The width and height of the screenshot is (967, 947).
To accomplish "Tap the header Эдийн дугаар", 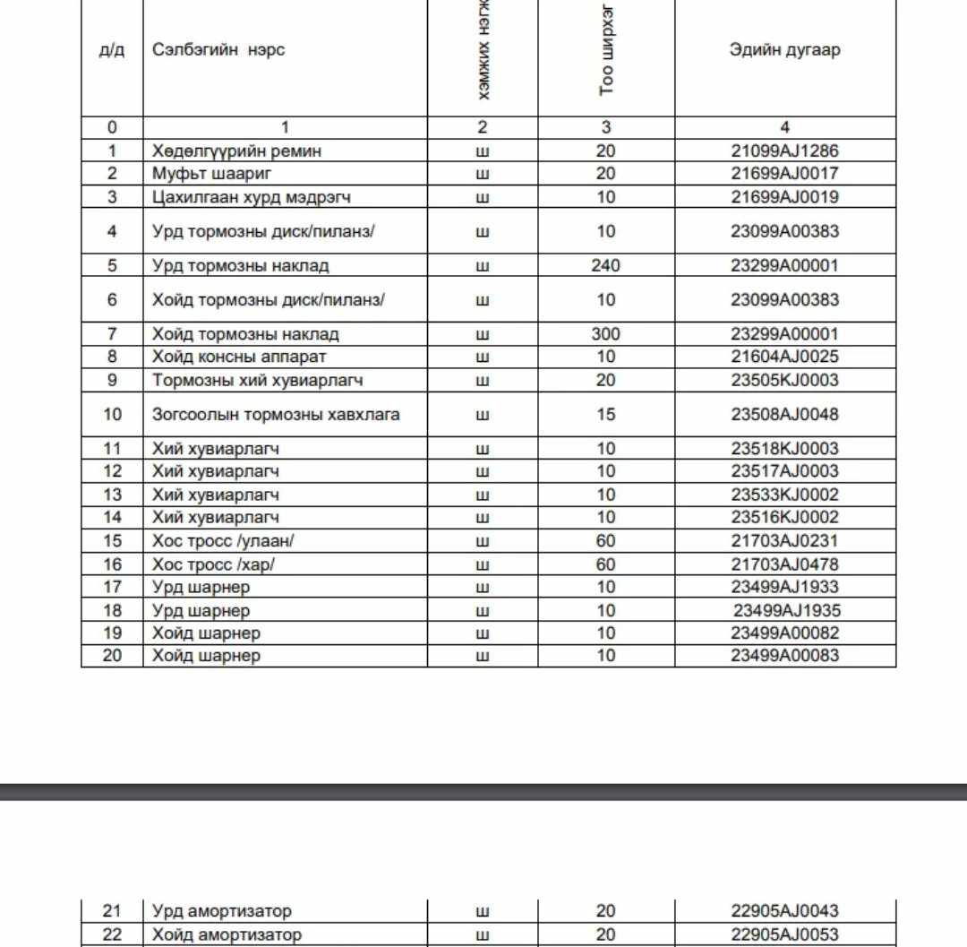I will click(785, 50).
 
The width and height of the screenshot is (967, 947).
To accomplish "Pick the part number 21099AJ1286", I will click(785, 151).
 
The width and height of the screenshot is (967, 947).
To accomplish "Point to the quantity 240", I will click(606, 266).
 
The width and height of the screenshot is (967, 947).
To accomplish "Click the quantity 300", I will click(606, 335).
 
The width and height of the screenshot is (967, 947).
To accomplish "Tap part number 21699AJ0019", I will click(785, 197).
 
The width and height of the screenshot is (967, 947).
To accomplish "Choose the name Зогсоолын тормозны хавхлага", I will click(276, 415).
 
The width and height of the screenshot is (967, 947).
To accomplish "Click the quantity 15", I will click(606, 415).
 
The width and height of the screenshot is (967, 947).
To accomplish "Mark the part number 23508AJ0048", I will click(785, 415).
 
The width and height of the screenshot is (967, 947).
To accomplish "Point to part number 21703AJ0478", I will click(785, 564).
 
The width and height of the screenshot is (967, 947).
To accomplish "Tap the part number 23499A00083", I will click(785, 656).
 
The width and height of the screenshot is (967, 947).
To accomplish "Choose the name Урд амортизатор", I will click(222, 912).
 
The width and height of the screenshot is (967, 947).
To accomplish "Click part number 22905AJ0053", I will click(785, 935).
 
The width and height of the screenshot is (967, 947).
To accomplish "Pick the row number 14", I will click(112, 518).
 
